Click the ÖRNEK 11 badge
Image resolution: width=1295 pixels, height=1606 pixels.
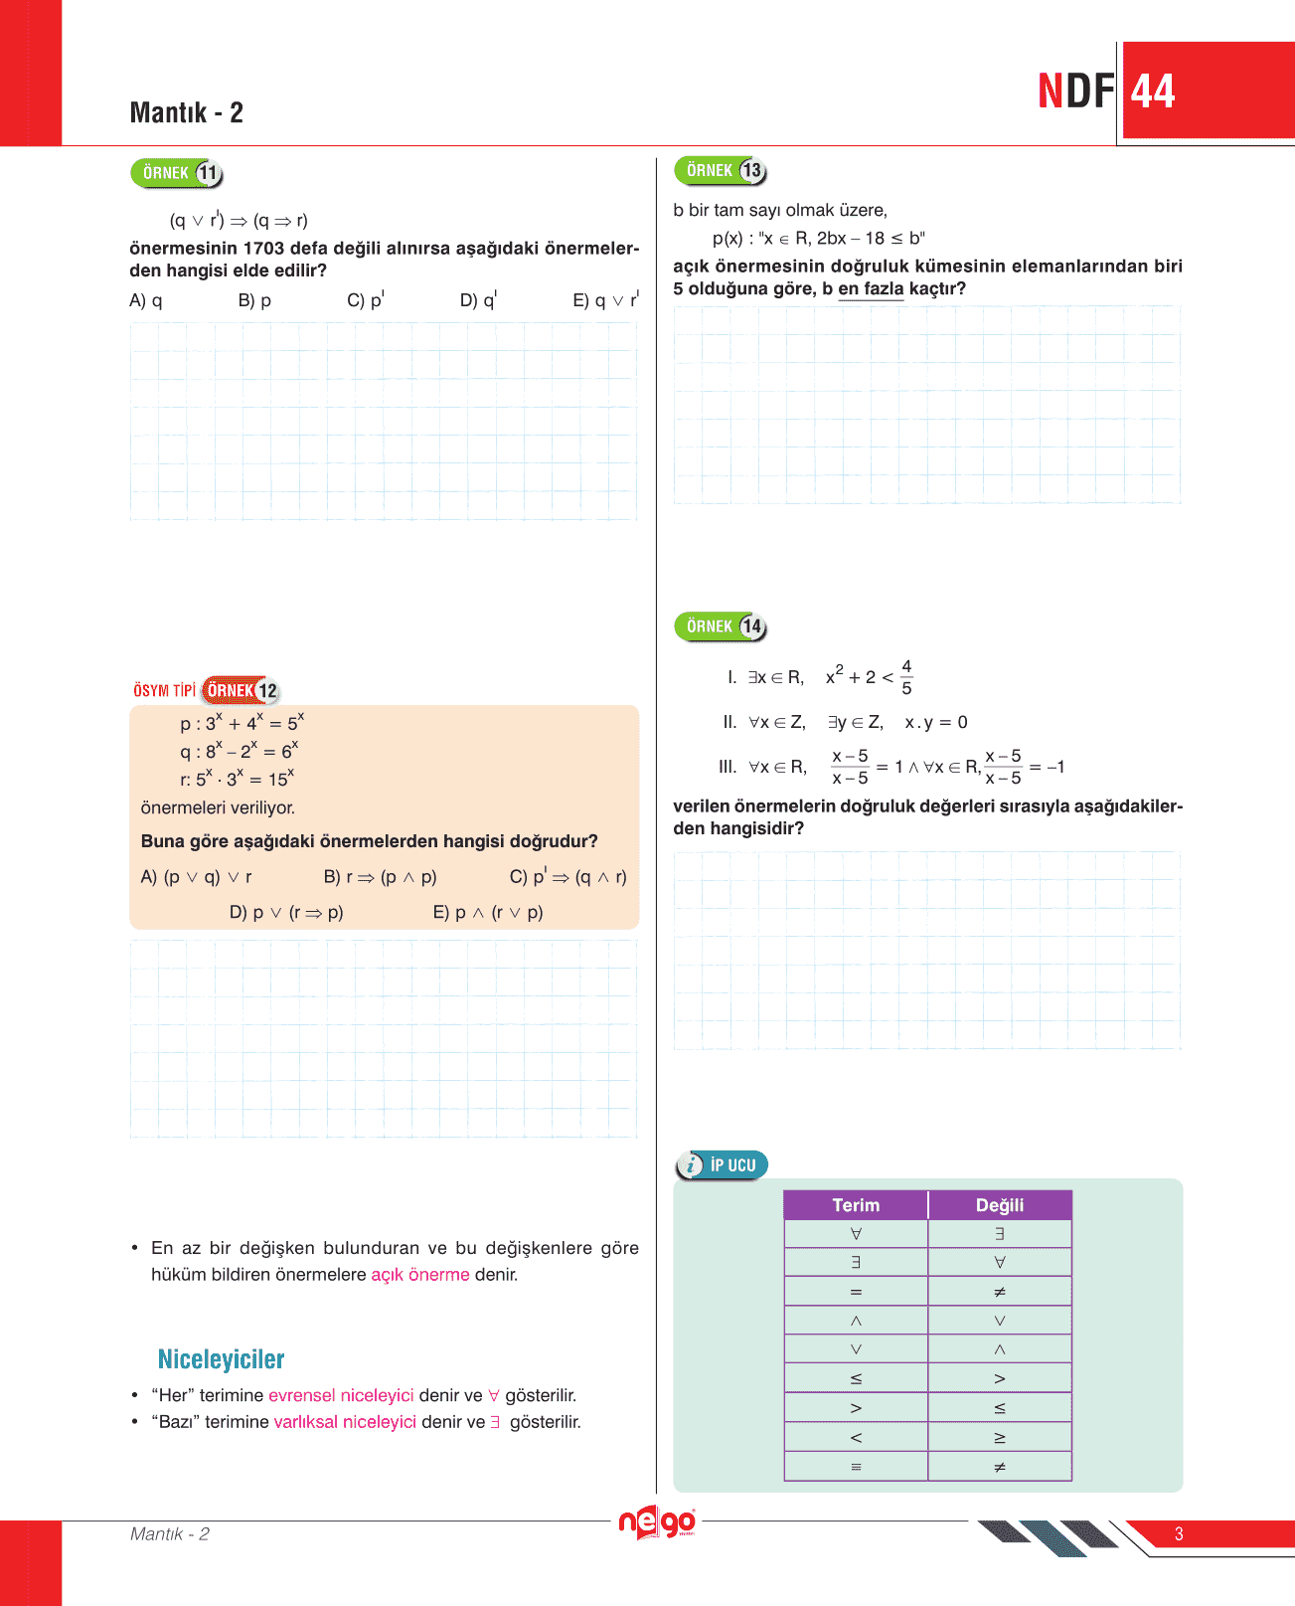coord(177,173)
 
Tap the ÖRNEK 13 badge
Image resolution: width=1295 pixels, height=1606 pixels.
coord(721,171)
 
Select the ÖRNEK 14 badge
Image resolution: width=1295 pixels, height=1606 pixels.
coord(721,626)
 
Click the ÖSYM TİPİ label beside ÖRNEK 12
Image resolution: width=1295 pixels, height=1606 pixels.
coord(164,690)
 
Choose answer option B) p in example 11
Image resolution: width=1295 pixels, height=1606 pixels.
coord(254,300)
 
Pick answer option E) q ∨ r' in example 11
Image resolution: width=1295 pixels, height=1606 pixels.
coord(605,299)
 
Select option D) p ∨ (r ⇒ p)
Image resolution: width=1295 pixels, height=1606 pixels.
coord(286,912)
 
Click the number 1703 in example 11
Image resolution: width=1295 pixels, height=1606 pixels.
coord(263,249)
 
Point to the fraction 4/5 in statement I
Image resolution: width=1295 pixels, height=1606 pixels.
coord(906,677)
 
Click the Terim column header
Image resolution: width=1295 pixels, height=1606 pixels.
coord(856,1205)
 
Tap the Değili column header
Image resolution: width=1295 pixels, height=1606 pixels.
coord(1000,1205)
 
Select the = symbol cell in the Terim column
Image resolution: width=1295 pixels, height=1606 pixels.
coord(856,1292)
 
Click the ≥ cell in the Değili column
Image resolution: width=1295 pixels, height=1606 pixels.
coord(1000,1437)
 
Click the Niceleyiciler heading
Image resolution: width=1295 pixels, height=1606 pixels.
coord(221,1359)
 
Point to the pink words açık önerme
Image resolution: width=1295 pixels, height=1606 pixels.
coord(419,1275)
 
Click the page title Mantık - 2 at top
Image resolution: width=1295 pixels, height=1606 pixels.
coord(187,112)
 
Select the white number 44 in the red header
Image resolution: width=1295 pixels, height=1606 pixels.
coord(1153,91)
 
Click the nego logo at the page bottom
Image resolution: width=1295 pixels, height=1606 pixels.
coord(656,1522)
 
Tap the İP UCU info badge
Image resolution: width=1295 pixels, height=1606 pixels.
coord(723,1165)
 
